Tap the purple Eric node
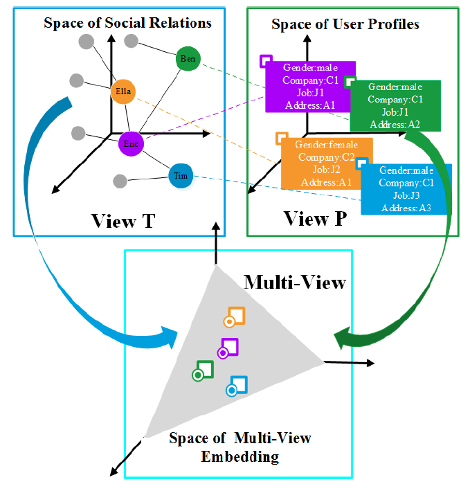129,143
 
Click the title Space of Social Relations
127,23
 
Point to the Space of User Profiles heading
345,24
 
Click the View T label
123,221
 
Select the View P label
316,219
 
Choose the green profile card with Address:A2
395,105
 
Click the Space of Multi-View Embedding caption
240,447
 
